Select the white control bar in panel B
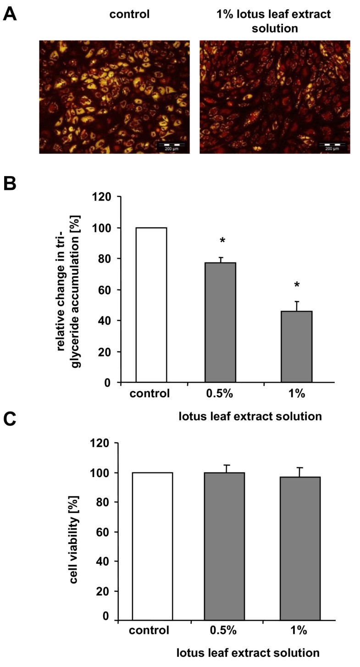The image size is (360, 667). tap(151, 305)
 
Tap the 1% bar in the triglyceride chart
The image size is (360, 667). tap(296, 346)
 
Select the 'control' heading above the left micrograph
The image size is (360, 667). tap(129, 14)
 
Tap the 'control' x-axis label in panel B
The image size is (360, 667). tap(150, 393)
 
